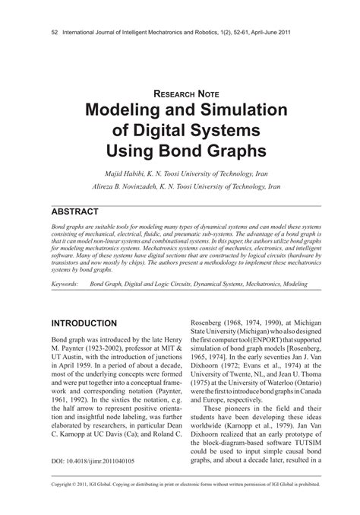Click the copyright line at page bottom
[180, 503]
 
